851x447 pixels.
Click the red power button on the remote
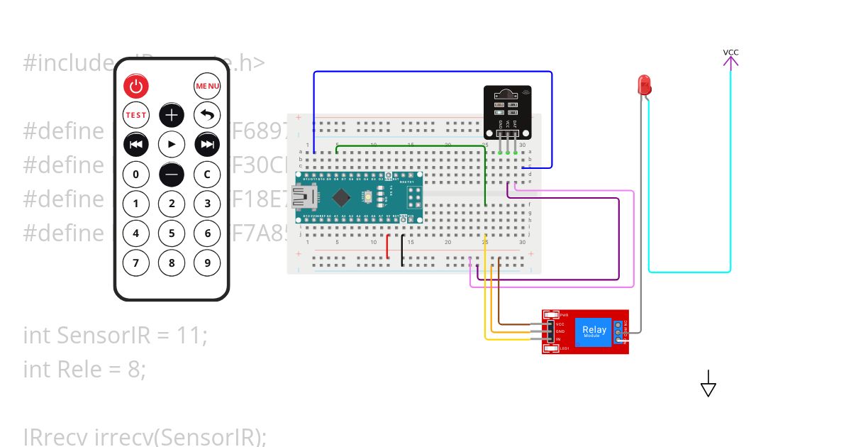[x=136, y=87]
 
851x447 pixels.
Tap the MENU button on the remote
[x=208, y=87]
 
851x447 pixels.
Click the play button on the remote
[x=172, y=144]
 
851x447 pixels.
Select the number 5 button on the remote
[x=172, y=233]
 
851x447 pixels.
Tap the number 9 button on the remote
[x=208, y=263]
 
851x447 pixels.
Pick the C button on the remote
[x=208, y=174]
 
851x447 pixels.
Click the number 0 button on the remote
[x=136, y=174]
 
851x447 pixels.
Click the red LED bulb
[x=645, y=85]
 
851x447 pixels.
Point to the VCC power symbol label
[x=730, y=53]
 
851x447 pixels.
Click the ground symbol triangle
[x=708, y=388]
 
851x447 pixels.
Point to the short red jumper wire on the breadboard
[x=387, y=246]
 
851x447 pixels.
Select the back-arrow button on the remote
[x=208, y=115]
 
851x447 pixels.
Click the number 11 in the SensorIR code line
[x=190, y=335]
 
